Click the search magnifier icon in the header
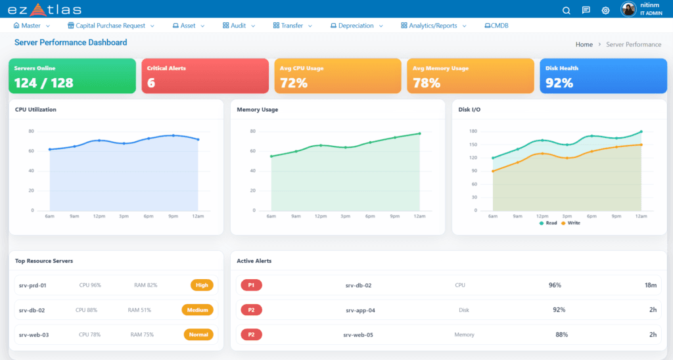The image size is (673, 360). pos(566,11)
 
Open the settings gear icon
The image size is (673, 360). pos(605,11)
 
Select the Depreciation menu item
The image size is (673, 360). pos(356,26)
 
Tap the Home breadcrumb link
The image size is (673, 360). pos(584,45)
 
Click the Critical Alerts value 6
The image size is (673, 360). pos(151,82)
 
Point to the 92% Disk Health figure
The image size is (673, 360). pos(559,82)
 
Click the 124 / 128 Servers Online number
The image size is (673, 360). pos(44,82)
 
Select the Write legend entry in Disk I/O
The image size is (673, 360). pos(570,223)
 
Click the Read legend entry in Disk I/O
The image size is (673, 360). pos(548,223)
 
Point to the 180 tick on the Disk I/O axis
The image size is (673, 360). pos(473,131)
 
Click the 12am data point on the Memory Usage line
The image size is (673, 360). pos(419,133)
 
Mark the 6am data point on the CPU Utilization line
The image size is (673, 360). pos(50,149)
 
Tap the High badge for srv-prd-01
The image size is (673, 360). pos(202,285)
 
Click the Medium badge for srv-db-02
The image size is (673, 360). pos(197,310)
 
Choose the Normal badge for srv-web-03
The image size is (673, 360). pos(198,334)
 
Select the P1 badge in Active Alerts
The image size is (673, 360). pos(251,285)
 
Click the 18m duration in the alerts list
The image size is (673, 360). pos(651,285)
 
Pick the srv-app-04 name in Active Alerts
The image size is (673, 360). pos(361,310)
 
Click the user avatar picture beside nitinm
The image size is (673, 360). pos(628,9)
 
